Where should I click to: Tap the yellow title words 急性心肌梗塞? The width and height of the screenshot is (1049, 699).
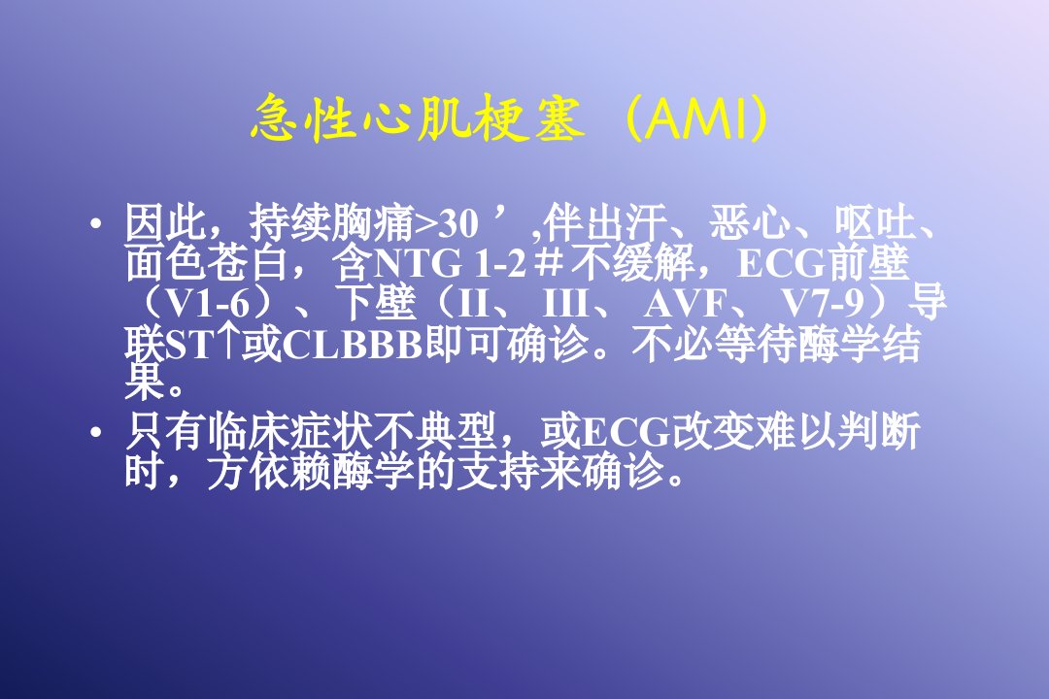pos(418,119)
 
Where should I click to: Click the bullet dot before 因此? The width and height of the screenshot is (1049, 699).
pos(96,223)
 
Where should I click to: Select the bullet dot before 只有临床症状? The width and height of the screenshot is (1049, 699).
pos(96,432)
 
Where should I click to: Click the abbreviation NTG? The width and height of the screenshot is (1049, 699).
pos(417,264)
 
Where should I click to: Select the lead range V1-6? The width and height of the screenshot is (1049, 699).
pos(207,305)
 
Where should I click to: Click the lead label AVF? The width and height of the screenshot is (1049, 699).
pos(685,305)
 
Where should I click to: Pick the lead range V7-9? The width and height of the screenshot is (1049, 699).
pos(823,305)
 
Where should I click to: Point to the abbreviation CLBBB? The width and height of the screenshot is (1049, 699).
pos(353,346)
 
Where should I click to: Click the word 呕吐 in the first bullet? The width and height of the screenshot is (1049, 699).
pos(875,222)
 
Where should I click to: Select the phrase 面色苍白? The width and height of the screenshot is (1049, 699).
pos(206,263)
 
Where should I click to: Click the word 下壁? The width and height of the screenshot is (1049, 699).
pos(377,304)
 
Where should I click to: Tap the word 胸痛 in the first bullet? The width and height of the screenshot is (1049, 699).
pos(373,222)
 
